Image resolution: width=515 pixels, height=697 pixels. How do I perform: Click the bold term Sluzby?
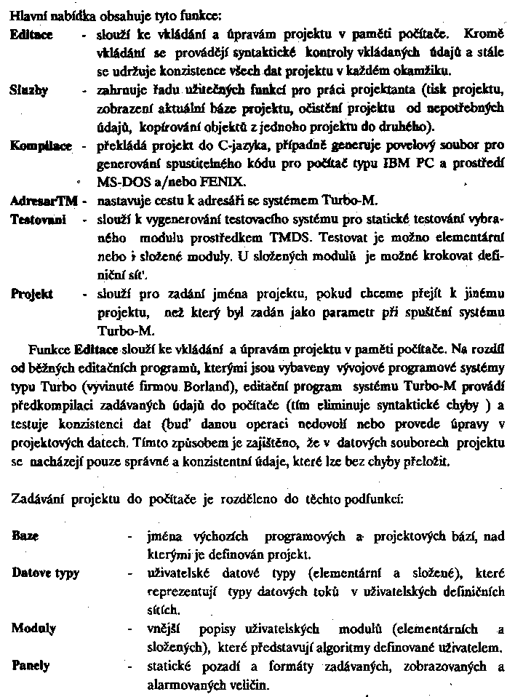click(30, 91)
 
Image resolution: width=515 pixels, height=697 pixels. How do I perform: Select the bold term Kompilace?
click(41, 146)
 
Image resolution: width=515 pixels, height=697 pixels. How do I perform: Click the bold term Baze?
click(25, 535)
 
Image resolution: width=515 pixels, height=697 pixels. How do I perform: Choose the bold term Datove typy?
click(46, 573)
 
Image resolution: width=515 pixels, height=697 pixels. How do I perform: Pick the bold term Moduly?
click(34, 628)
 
